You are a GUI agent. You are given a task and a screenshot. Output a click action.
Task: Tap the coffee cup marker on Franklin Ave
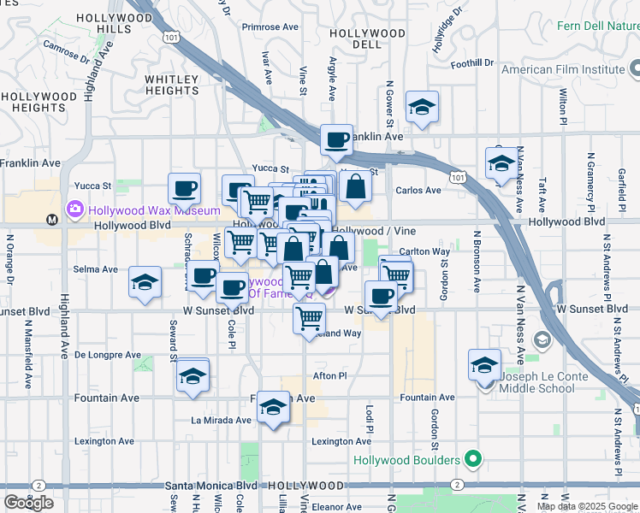click(336, 139)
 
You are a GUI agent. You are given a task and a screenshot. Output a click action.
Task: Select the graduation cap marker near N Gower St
click(421, 107)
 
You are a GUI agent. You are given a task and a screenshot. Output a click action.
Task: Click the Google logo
click(28, 503)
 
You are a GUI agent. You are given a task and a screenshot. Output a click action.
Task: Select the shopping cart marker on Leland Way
click(308, 318)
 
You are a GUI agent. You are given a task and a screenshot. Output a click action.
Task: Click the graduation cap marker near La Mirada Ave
click(274, 406)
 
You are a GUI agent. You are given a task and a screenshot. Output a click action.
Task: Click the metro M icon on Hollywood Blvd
click(52, 219)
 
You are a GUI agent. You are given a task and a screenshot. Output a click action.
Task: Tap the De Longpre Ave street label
click(108, 354)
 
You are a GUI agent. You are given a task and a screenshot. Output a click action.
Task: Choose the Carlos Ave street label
click(418, 191)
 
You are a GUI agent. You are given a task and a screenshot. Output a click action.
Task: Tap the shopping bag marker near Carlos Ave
click(354, 186)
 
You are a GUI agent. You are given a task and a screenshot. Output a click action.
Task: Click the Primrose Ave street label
click(267, 27)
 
